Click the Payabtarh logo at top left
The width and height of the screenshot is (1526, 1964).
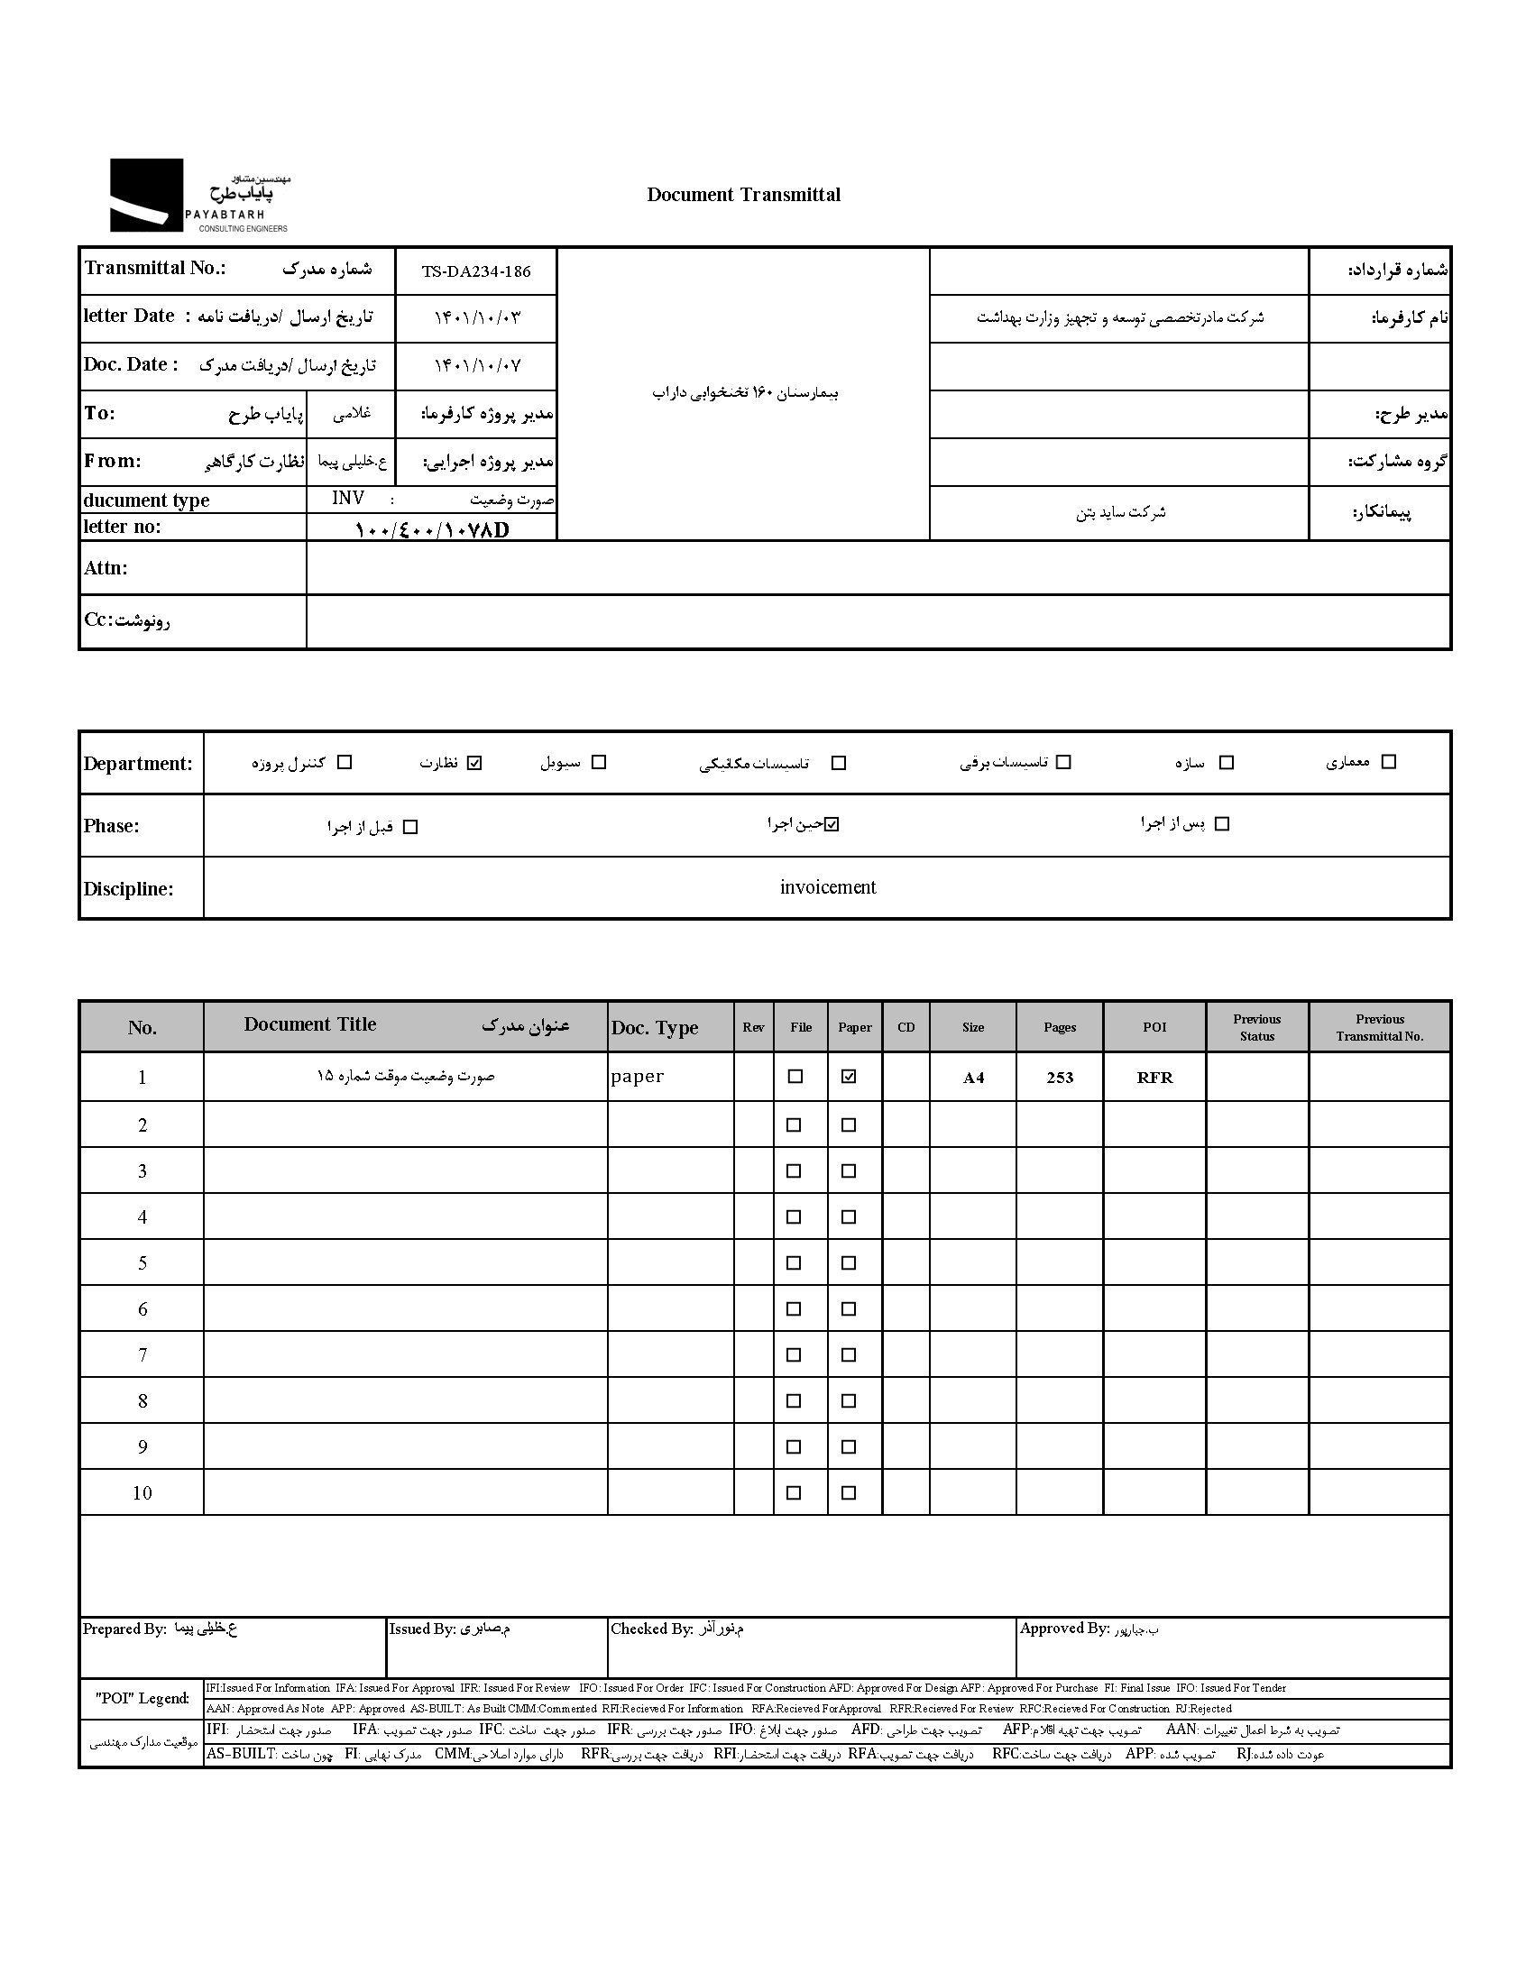click(198, 196)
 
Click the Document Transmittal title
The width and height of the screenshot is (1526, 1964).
click(743, 195)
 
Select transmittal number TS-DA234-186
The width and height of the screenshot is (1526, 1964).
click(476, 271)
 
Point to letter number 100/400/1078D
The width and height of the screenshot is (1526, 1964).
click(432, 529)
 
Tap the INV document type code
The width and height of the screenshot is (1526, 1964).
click(348, 499)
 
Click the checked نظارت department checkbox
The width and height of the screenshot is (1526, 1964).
click(475, 763)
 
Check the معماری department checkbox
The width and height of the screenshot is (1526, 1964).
click(1389, 762)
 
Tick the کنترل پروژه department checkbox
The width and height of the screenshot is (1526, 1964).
click(345, 763)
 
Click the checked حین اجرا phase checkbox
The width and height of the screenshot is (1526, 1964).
click(832, 824)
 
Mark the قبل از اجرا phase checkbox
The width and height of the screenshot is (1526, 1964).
click(410, 827)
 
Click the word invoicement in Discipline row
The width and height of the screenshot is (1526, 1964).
click(828, 887)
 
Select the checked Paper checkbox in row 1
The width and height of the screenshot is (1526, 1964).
click(849, 1076)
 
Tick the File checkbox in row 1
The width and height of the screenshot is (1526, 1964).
click(795, 1076)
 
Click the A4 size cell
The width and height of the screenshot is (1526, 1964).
click(973, 1078)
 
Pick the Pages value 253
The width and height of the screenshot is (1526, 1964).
click(1060, 1078)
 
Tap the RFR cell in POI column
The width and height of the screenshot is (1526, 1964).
click(1154, 1078)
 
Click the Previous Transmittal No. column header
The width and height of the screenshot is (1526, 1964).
click(1379, 1027)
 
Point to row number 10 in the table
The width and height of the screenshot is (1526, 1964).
click(142, 1492)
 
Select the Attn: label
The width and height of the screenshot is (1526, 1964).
click(106, 568)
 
